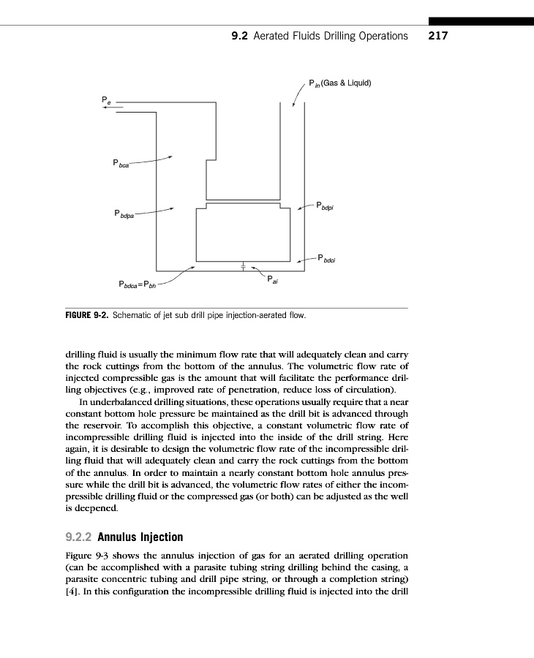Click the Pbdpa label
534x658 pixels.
click(x=124, y=214)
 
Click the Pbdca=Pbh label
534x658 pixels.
click(x=137, y=284)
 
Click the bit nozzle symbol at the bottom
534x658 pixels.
click(x=244, y=266)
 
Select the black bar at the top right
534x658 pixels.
click(x=481, y=22)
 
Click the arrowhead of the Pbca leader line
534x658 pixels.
click(x=170, y=156)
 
